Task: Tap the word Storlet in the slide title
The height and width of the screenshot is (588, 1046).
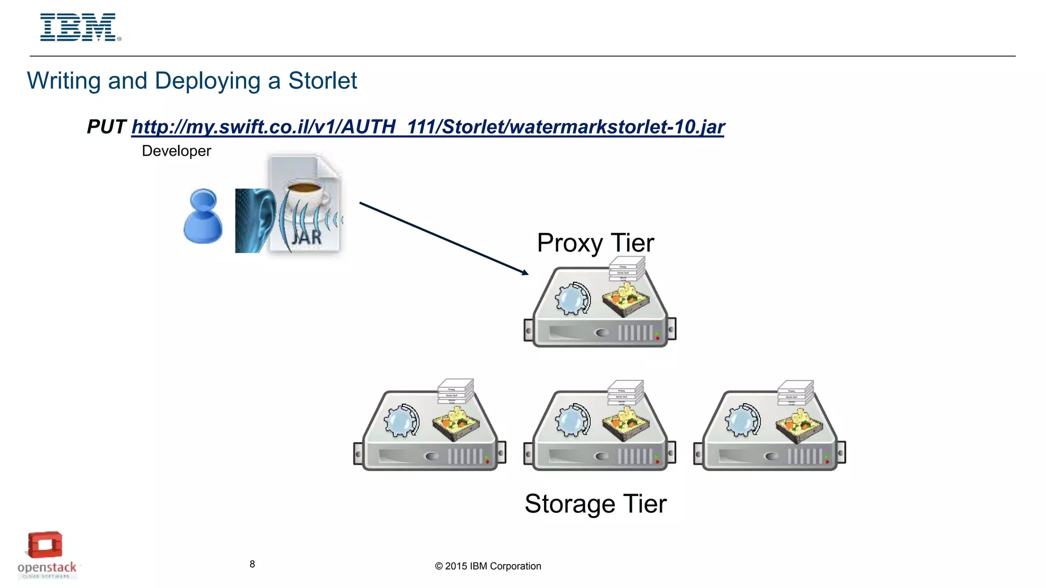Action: tap(322, 81)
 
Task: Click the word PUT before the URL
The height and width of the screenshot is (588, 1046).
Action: tap(106, 127)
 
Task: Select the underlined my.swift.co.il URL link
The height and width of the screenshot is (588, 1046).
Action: tap(427, 127)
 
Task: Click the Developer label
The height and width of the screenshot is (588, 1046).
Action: tap(176, 151)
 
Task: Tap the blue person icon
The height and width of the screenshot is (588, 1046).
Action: tap(203, 216)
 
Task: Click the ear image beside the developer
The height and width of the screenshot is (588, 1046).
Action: tap(255, 220)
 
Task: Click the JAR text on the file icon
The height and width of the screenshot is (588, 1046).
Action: tap(307, 237)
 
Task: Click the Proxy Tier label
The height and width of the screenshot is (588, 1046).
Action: tap(595, 243)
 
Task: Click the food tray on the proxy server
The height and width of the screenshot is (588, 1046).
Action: tap(626, 301)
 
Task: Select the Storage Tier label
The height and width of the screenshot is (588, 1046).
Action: tap(595, 504)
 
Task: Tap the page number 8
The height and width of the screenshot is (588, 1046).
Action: tap(252, 564)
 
